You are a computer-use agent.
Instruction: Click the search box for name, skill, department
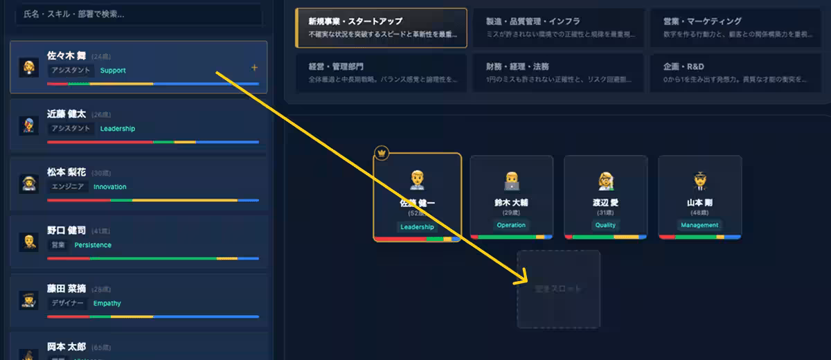(138, 14)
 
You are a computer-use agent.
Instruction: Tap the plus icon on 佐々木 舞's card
(254, 68)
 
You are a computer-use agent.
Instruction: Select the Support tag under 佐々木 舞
(113, 71)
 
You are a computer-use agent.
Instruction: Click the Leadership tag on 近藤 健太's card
(118, 129)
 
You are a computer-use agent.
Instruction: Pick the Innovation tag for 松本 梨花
(110, 187)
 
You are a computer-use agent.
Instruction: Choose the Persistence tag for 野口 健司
(93, 245)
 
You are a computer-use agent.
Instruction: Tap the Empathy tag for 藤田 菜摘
(107, 303)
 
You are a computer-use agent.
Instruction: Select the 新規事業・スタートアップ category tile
(381, 28)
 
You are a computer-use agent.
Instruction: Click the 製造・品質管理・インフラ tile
(557, 28)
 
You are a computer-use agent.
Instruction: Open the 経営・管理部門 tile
(381, 73)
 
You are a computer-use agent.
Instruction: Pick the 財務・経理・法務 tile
(557, 73)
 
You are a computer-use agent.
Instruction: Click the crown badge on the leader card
(381, 152)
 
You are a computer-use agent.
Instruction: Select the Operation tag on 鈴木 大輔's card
(511, 225)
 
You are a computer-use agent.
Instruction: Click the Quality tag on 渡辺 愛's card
(605, 225)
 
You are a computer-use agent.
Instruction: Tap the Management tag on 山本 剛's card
(699, 225)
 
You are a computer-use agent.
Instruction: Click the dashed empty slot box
(558, 289)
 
